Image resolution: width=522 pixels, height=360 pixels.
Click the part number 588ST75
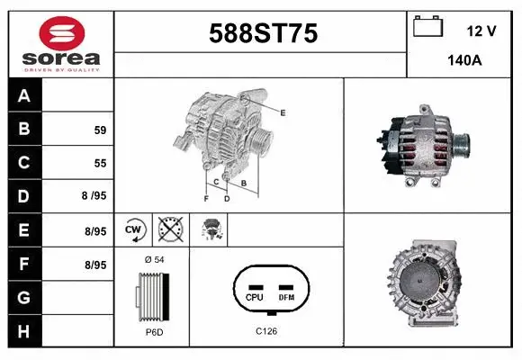point(263,34)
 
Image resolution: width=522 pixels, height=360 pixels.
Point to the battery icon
point(427,28)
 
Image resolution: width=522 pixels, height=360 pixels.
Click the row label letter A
point(24,96)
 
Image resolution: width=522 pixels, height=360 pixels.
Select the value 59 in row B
point(100,130)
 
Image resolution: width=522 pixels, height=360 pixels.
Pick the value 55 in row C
point(100,164)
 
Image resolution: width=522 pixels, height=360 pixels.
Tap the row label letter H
point(24,331)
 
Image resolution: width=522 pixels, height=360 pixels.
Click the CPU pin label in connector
point(254,296)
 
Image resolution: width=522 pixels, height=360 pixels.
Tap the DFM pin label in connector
point(286,296)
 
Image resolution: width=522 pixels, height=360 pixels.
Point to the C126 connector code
point(266,330)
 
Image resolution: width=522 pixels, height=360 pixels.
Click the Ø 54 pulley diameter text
point(153,259)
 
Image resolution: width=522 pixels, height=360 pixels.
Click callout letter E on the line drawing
point(283,112)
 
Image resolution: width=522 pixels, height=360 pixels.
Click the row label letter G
point(24,297)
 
